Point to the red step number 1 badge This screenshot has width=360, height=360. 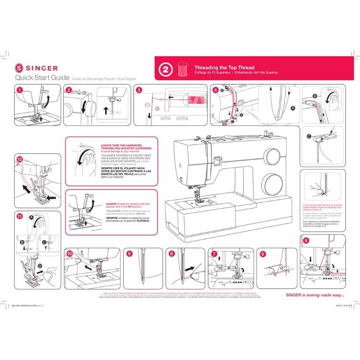coord(20,89)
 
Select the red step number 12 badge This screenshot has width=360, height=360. coord(20,159)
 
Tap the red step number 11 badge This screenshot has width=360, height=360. coord(20,217)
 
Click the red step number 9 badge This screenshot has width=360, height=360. coord(129,253)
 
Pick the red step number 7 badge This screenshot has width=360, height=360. coord(214,253)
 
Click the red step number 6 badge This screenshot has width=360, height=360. coord(263,253)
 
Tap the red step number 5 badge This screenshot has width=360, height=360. coord(306,240)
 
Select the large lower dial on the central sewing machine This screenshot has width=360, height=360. coord(270,180)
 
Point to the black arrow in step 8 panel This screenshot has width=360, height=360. coord(189,270)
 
